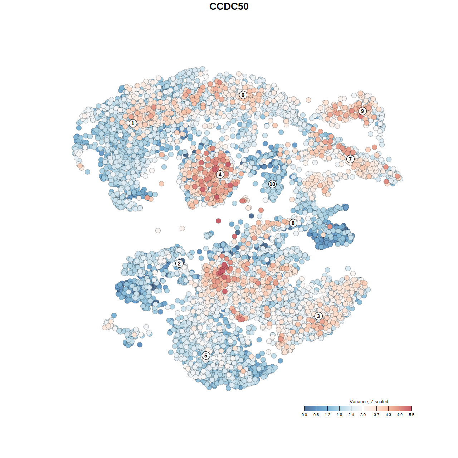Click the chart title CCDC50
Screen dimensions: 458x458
(x=229, y=6)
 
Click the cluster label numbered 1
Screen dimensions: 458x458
(x=133, y=123)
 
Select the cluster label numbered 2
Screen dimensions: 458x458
(x=179, y=264)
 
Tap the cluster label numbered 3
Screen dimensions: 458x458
(x=318, y=316)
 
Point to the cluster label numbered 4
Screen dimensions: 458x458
(x=220, y=174)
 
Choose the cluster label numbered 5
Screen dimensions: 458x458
(x=206, y=355)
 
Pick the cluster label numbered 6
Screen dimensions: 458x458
(x=243, y=95)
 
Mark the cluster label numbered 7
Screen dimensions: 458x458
(x=350, y=159)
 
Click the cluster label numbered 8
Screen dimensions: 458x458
(x=293, y=223)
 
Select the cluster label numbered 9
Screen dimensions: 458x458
(x=362, y=111)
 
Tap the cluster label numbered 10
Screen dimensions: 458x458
(x=272, y=184)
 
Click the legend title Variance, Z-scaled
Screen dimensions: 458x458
(x=369, y=401)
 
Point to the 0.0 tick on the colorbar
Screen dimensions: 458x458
(x=304, y=408)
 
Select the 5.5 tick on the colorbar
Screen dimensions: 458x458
(x=411, y=408)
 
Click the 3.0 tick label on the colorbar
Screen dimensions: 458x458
(x=363, y=415)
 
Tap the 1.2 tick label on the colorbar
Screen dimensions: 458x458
(x=327, y=415)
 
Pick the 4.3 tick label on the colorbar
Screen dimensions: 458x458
(x=388, y=415)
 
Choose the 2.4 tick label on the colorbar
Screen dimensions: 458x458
(x=351, y=415)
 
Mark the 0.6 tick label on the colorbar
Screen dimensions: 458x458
(x=316, y=415)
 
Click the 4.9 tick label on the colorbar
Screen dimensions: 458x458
(x=400, y=415)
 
